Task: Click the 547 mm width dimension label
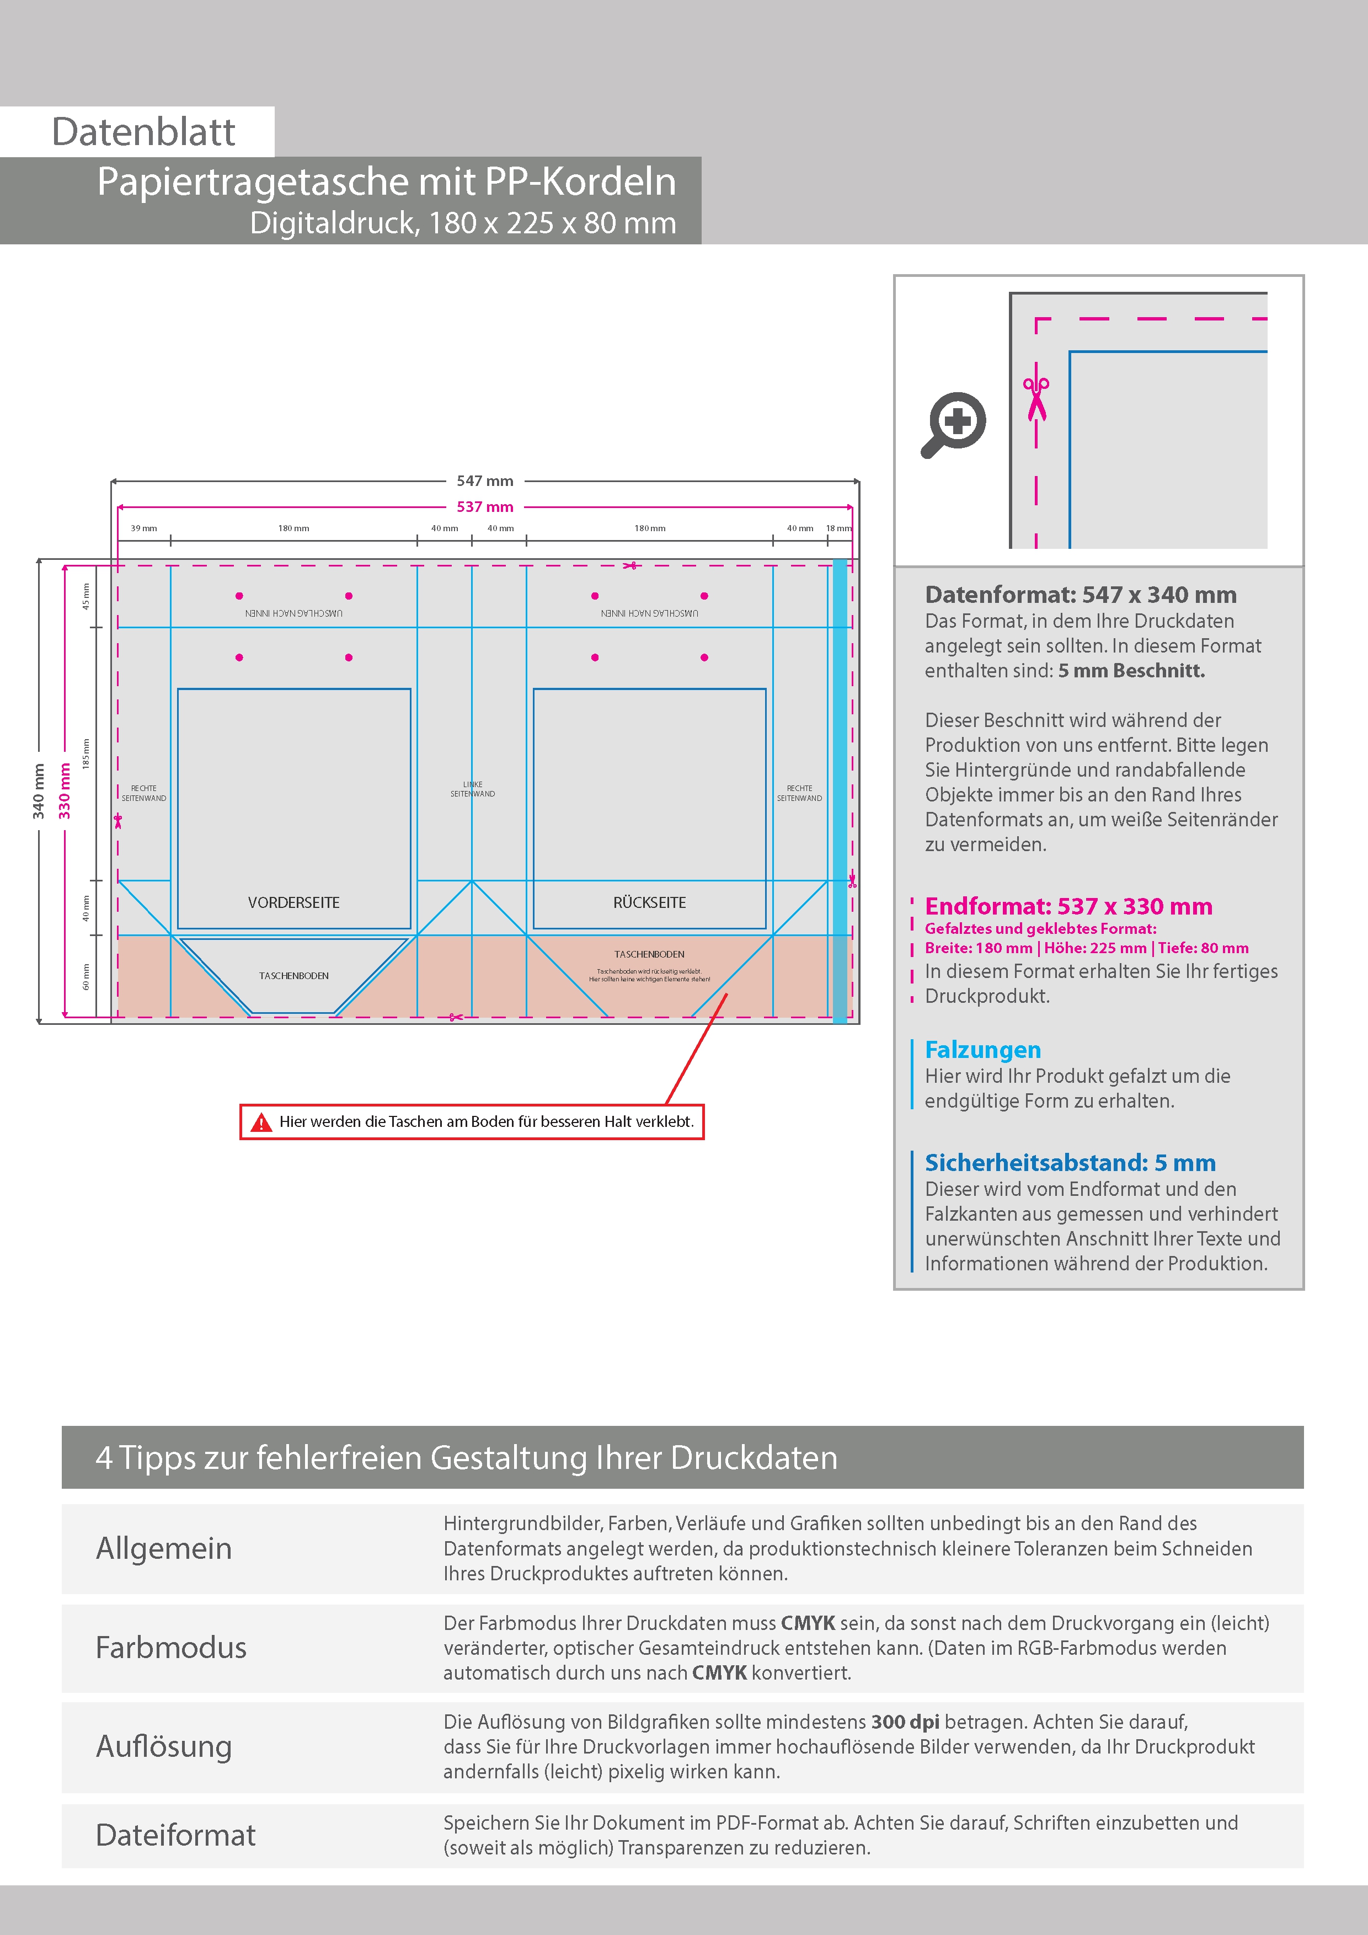485,480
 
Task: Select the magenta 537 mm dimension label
485,506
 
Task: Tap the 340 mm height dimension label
39,790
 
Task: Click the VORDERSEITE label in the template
293,902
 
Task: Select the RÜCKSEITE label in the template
649,902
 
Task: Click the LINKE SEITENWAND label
472,789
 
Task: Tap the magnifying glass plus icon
954,423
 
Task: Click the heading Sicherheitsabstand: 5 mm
1070,1162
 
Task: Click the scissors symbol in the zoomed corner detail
1036,398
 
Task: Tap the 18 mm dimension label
838,528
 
